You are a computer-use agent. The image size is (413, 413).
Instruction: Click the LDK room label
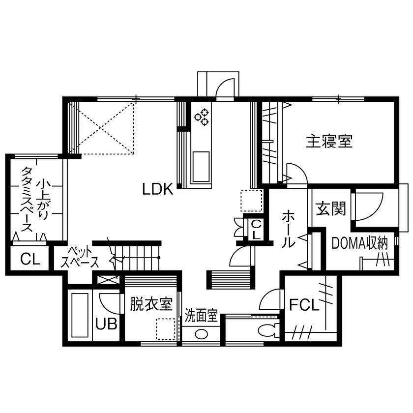[158, 189]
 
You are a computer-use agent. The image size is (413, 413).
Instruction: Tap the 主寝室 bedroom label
[329, 142]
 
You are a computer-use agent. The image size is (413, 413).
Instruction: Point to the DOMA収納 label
[360, 242]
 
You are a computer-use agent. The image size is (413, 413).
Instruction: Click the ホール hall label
[289, 229]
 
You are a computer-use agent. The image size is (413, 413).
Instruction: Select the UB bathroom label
[106, 324]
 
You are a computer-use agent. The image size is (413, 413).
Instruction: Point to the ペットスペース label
[80, 257]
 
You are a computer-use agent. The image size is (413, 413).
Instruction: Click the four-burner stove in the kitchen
[202, 117]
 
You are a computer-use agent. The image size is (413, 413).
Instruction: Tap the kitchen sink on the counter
[201, 166]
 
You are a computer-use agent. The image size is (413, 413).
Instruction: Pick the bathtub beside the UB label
[80, 316]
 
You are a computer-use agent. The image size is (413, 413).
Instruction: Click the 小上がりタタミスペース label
[34, 199]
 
